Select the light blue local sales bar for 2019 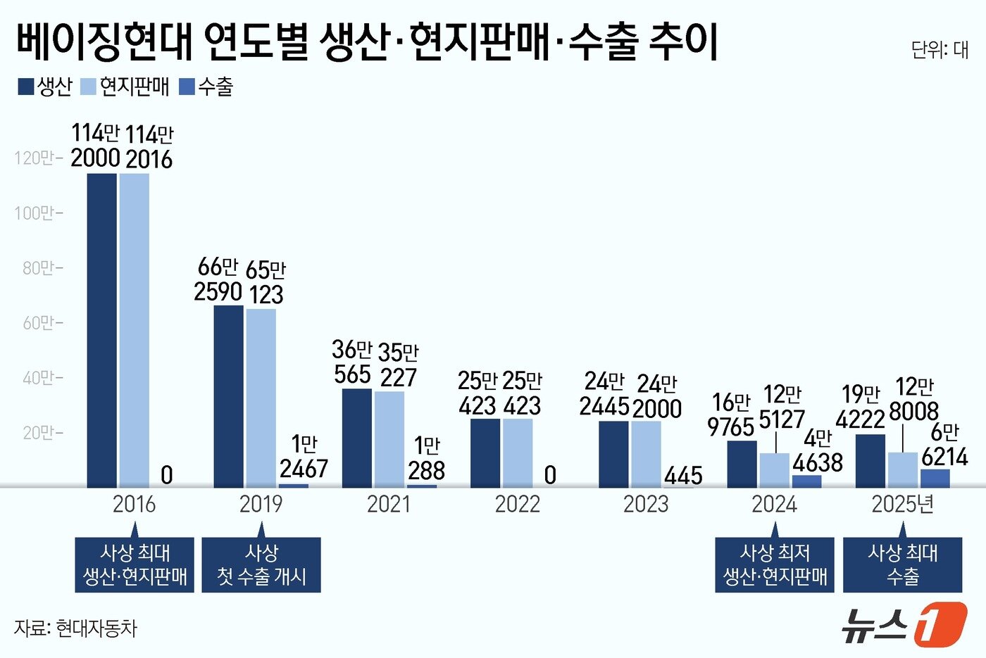coord(261,398)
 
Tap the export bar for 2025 coord(935,478)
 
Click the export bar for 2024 coord(806,481)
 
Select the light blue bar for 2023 coord(646,454)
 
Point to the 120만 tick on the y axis coord(38,158)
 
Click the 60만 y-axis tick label coord(38,323)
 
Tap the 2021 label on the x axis coord(389,504)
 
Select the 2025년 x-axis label coord(902,504)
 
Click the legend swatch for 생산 coord(25,87)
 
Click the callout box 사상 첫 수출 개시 coord(261,565)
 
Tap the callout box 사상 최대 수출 coord(902,565)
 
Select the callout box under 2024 coord(774,565)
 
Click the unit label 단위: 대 coord(940,50)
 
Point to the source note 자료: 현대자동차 coord(76,628)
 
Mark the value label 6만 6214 coord(944,445)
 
